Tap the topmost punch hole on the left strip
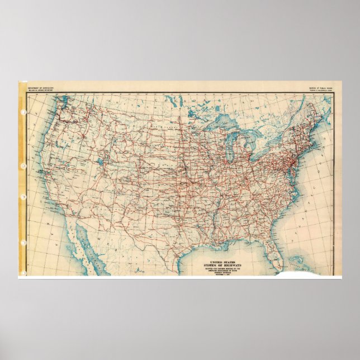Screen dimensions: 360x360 23,112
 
